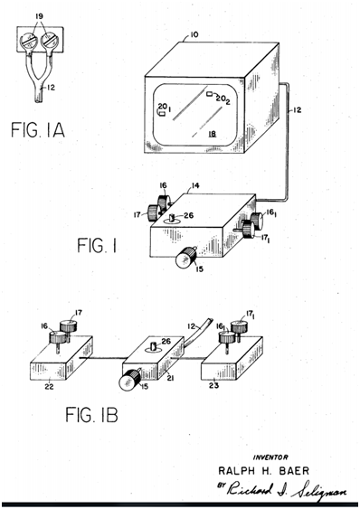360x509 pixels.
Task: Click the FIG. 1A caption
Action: [38, 129]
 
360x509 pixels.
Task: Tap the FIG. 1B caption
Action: [91, 415]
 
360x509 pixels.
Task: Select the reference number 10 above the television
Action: [194, 34]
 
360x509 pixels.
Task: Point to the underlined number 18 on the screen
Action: [213, 134]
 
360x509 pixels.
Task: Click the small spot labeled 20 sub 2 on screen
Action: [210, 94]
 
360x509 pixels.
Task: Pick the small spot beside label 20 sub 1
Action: [162, 114]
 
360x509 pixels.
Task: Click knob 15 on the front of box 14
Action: [185, 257]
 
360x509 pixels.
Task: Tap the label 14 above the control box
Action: [195, 185]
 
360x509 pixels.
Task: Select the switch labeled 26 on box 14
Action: [172, 219]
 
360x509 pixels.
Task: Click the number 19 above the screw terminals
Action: [39, 16]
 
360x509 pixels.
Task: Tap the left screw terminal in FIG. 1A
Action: [28, 42]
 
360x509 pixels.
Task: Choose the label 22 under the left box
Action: [50, 386]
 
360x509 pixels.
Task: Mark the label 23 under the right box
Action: [213, 385]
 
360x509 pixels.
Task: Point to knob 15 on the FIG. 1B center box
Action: [129, 380]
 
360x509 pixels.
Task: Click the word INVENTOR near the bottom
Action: [270, 457]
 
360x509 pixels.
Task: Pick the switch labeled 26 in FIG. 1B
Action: [154, 347]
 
